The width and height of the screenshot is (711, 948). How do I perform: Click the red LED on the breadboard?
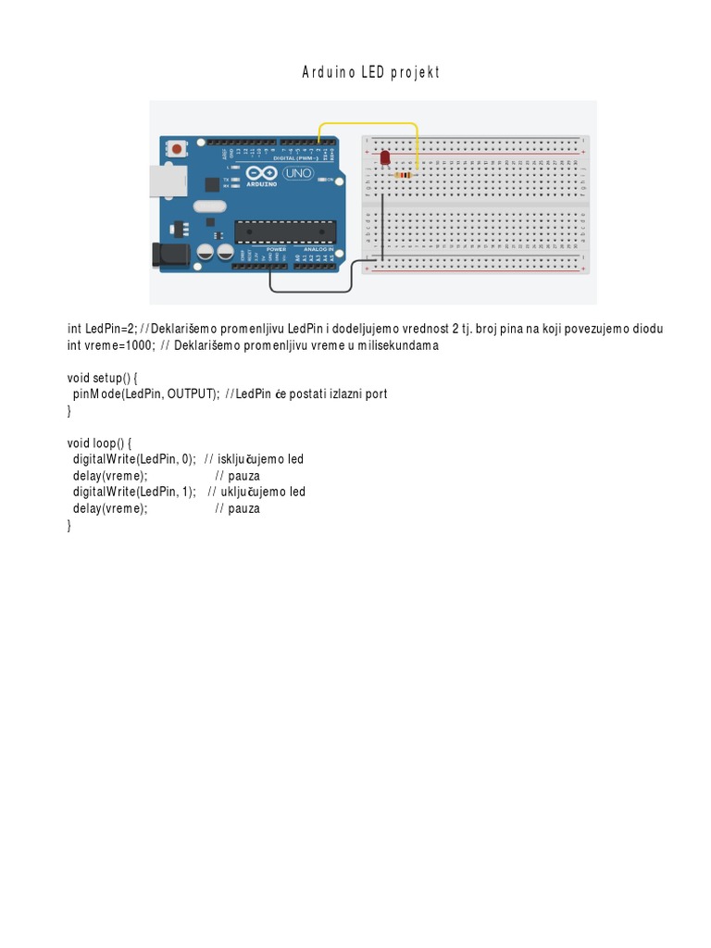tap(384, 159)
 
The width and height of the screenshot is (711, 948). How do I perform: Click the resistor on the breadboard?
tap(404, 174)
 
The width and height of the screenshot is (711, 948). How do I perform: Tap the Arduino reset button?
tap(175, 148)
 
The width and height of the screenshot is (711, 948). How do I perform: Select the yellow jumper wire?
tap(368, 123)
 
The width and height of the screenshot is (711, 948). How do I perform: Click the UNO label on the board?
tap(298, 172)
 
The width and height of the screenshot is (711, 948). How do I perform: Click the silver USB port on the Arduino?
tap(165, 181)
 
